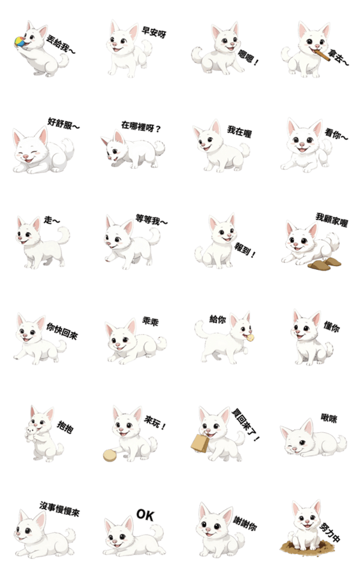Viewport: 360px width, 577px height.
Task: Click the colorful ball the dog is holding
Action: coord(20,42)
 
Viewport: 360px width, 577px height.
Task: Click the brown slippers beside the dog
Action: coord(325,264)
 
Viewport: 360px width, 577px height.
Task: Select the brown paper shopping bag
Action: coord(200,443)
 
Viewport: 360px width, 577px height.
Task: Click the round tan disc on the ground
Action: coord(110,455)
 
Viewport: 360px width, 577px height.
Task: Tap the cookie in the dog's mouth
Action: coord(250,337)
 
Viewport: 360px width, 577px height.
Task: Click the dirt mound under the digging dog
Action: coord(308,548)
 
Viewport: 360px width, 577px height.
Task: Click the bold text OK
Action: coord(145,515)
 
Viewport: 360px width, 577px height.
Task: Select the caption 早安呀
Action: coord(154,32)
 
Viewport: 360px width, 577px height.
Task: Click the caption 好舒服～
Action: coord(63,124)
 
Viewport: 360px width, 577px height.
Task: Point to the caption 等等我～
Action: coord(151,220)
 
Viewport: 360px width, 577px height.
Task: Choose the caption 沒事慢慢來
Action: coord(60,508)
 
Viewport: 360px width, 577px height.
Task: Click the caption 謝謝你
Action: coord(245,523)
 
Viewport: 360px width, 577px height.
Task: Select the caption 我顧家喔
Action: coord(332,220)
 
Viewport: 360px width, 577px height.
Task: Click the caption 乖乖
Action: coord(151,322)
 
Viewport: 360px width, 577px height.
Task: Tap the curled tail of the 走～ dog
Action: coord(63,235)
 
